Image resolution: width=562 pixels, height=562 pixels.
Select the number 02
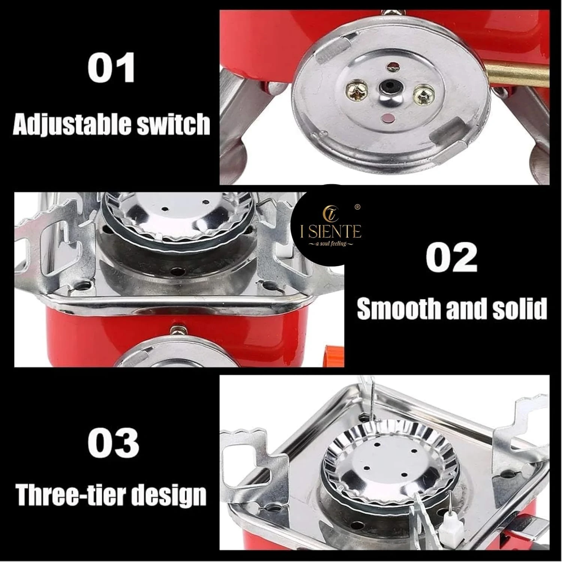pyautogui.click(x=451, y=259)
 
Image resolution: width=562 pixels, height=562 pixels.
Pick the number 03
pyautogui.click(x=113, y=442)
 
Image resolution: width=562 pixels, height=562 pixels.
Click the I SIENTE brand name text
pyautogui.click(x=331, y=232)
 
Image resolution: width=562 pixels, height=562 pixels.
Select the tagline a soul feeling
pyautogui.click(x=330, y=244)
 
